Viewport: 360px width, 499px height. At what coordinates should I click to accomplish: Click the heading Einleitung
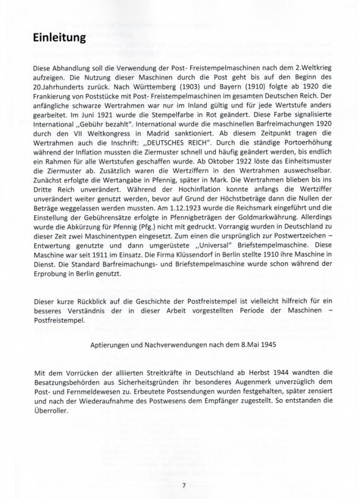click(x=59, y=39)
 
